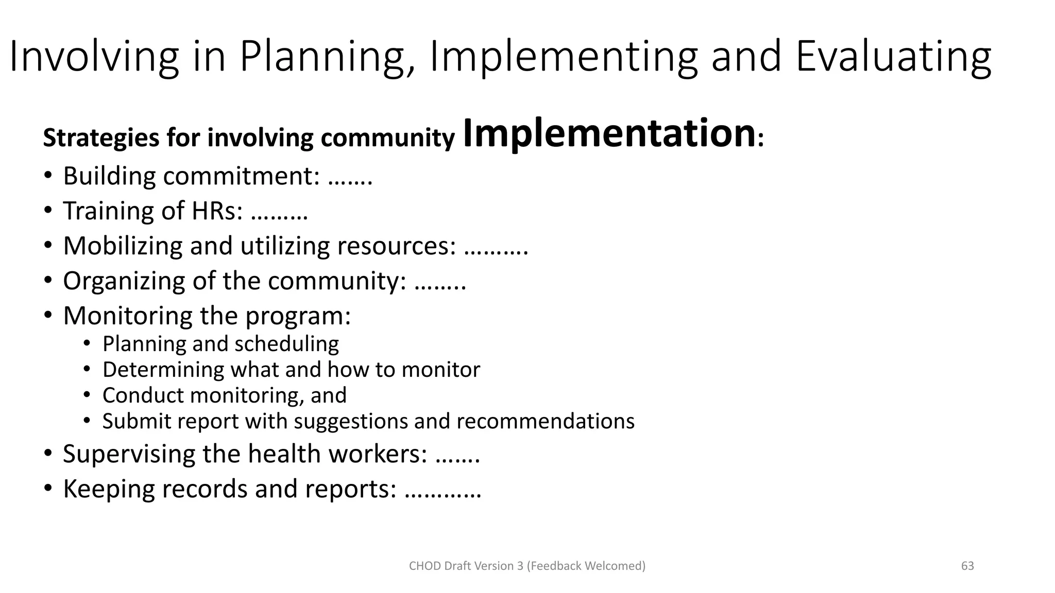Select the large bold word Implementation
(609, 133)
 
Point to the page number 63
(967, 566)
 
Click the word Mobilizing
(123, 246)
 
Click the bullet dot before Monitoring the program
(48, 316)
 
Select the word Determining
(164, 370)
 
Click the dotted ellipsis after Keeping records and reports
(443, 490)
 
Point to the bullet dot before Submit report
(87, 421)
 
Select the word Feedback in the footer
(556, 566)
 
